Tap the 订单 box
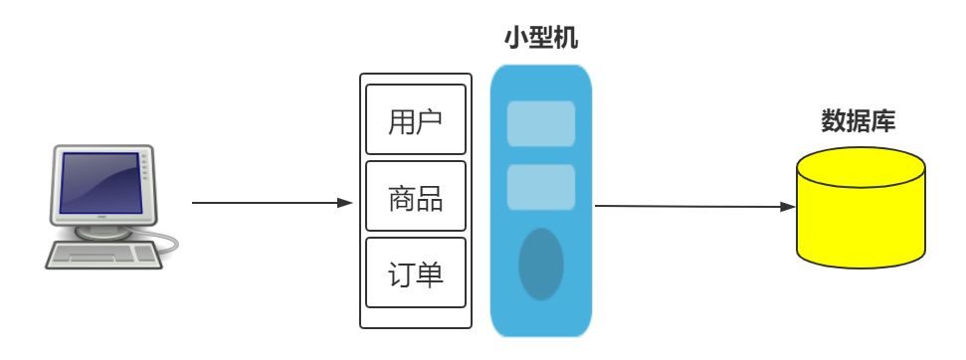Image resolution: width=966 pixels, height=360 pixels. tap(416, 272)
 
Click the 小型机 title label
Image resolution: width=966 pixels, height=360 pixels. tap(541, 40)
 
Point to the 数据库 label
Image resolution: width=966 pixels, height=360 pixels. tap(859, 121)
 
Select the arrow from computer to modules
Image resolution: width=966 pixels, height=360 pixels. tap(269, 202)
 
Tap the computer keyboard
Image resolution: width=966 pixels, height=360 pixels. tap(102, 255)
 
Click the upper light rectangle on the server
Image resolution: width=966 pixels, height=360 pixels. tap(541, 123)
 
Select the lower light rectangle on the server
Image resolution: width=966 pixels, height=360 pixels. tap(541, 187)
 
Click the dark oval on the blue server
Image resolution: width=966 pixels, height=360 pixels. tap(541, 264)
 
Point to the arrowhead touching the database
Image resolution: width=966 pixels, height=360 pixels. tap(788, 207)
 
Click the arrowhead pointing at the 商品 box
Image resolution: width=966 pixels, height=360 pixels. tap(346, 202)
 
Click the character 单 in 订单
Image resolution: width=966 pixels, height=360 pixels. tap(429, 273)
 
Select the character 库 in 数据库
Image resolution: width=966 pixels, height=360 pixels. tap(883, 121)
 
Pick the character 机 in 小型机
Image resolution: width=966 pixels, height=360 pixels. tap(566, 40)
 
